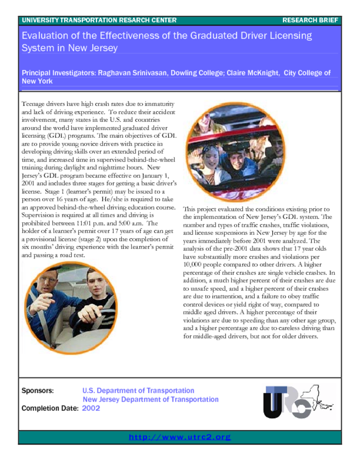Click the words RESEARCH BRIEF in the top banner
(310, 20)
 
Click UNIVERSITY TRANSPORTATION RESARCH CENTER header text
(99, 20)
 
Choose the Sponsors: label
(38, 390)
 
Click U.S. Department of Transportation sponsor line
(138, 390)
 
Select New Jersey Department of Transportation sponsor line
(150, 399)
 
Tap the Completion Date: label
(50, 408)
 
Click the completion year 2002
(91, 408)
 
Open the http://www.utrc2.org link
(180, 437)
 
